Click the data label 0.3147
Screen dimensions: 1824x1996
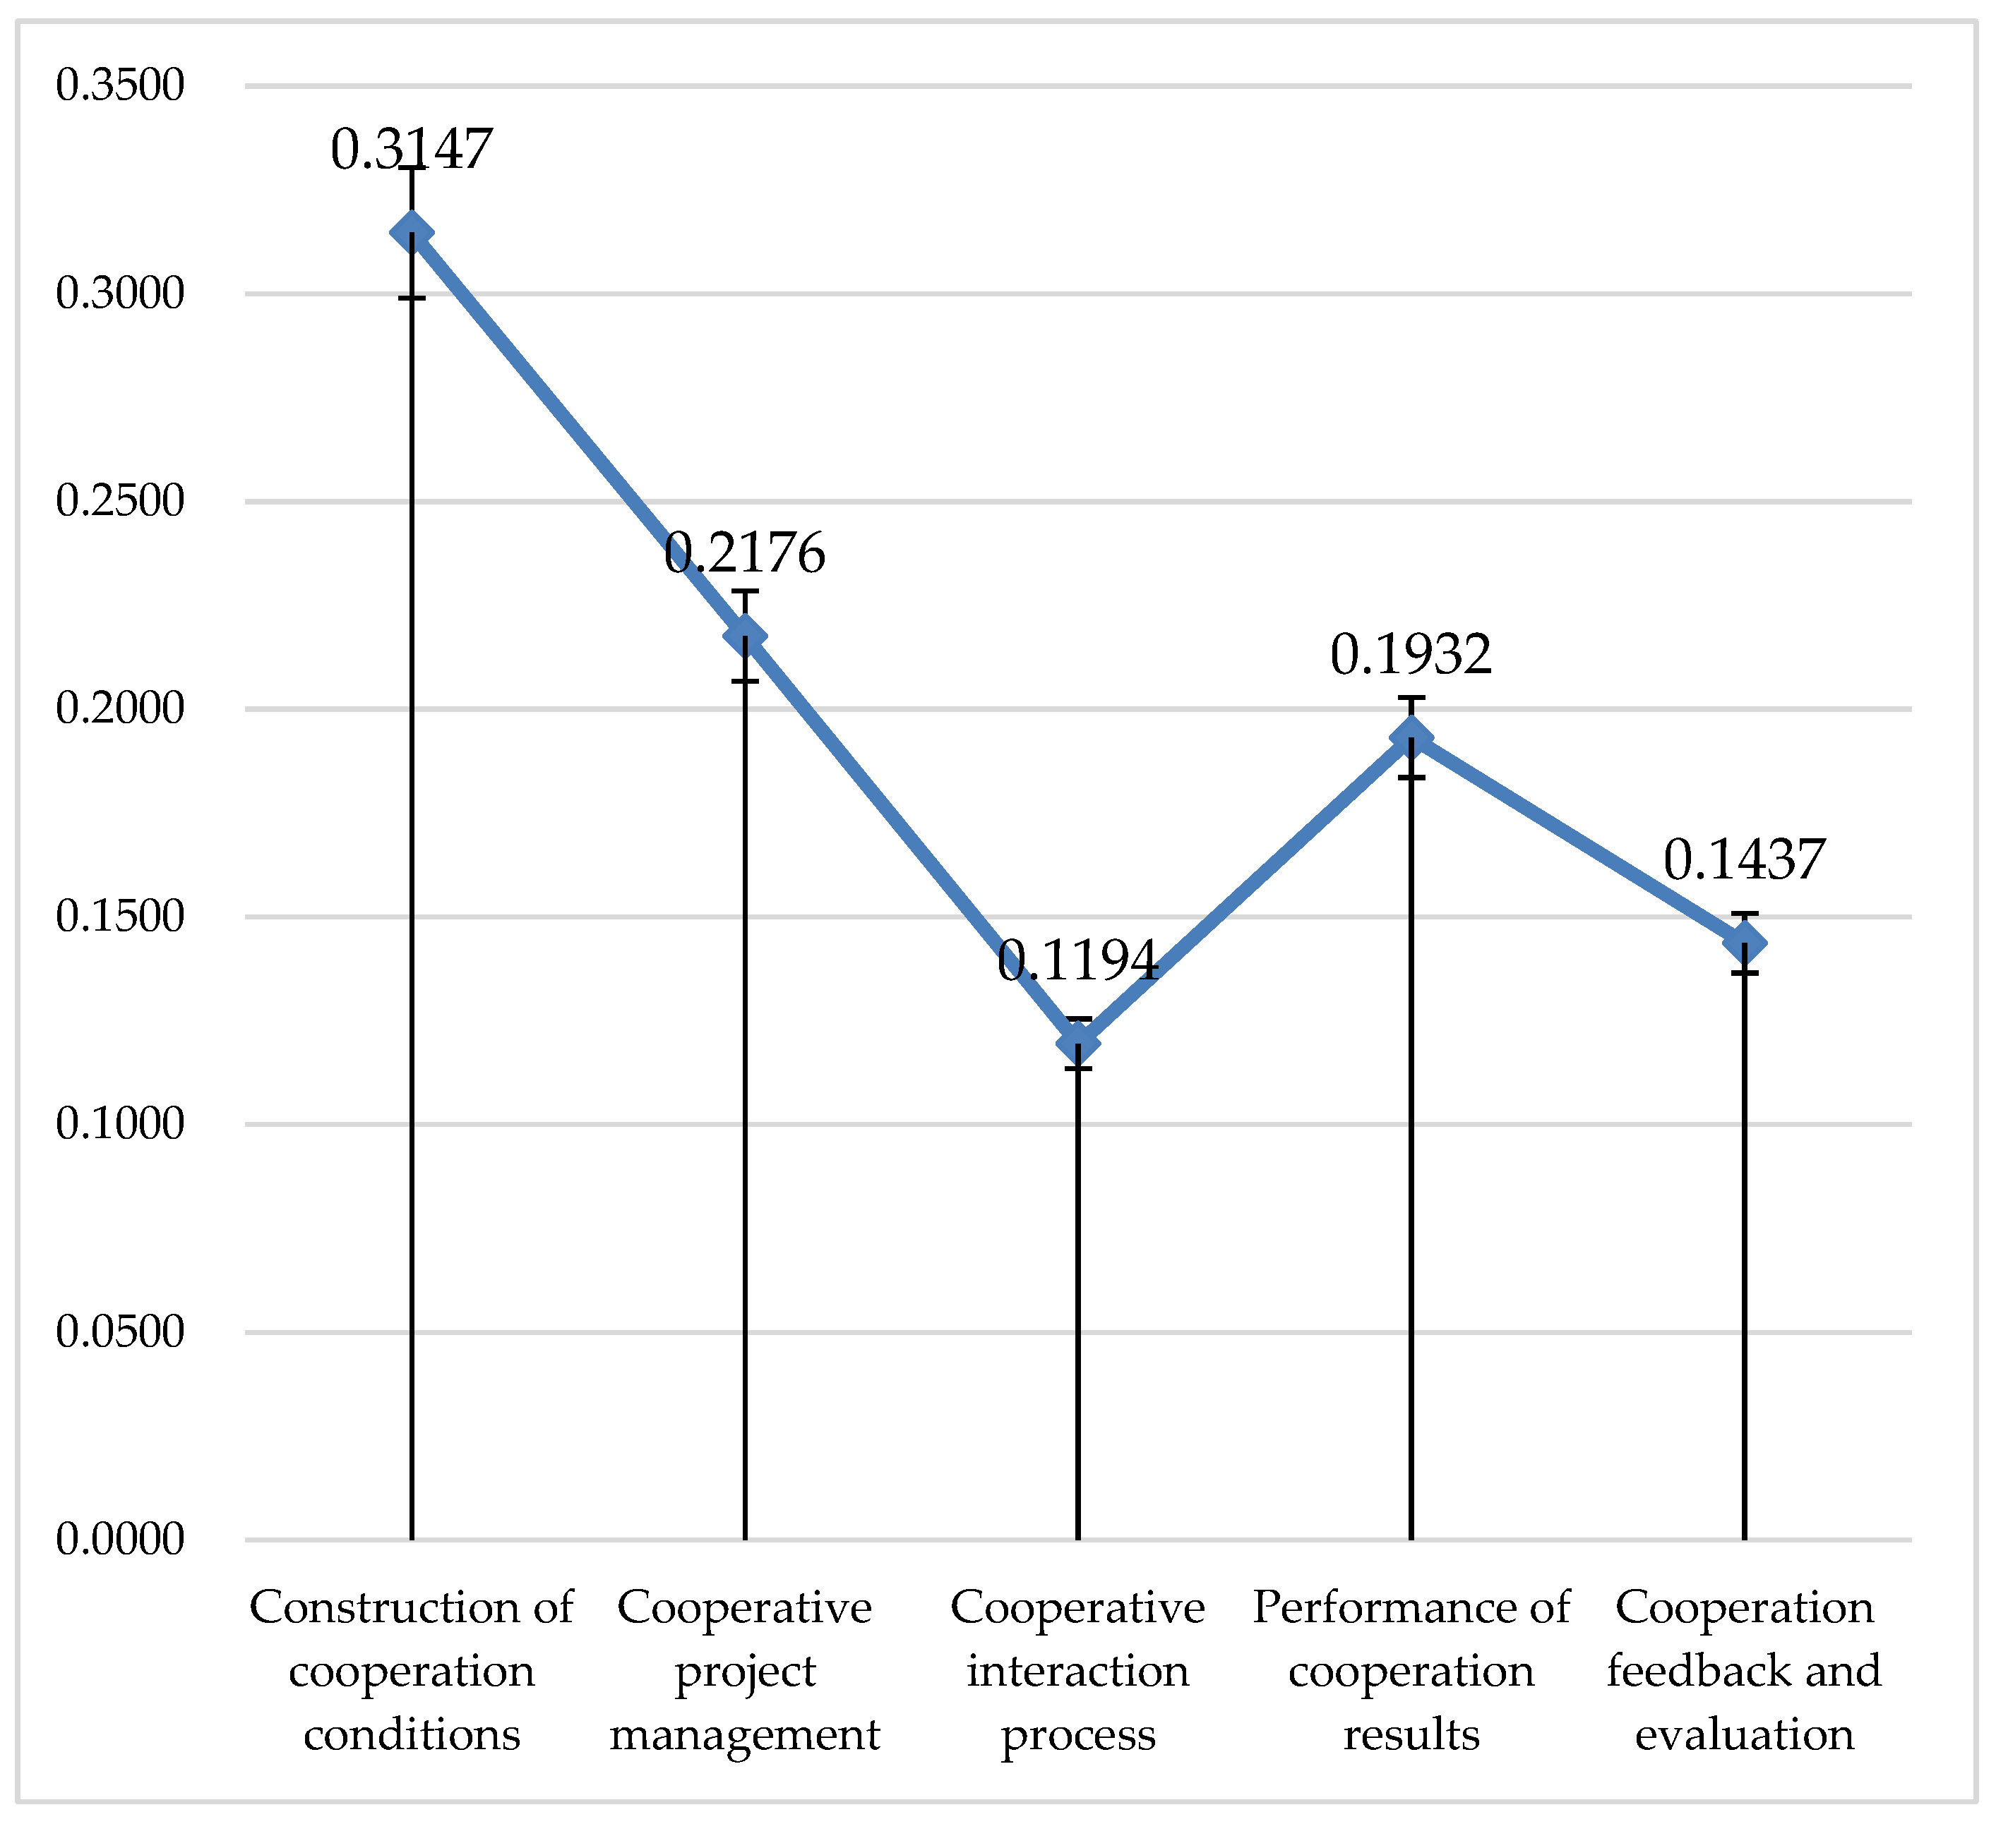[411, 150]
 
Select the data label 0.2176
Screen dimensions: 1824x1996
[745, 553]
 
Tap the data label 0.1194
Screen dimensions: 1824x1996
[1077, 960]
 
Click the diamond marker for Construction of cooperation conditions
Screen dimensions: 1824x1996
[411, 233]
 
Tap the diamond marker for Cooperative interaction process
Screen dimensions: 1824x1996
[1078, 1043]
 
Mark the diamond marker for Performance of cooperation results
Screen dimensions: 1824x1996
[1411, 737]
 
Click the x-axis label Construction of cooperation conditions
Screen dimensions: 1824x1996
[411, 1671]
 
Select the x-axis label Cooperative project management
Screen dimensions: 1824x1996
[745, 1671]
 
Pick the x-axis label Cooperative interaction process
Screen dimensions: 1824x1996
[1078, 1671]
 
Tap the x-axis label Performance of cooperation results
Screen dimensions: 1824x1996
[1411, 1671]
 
